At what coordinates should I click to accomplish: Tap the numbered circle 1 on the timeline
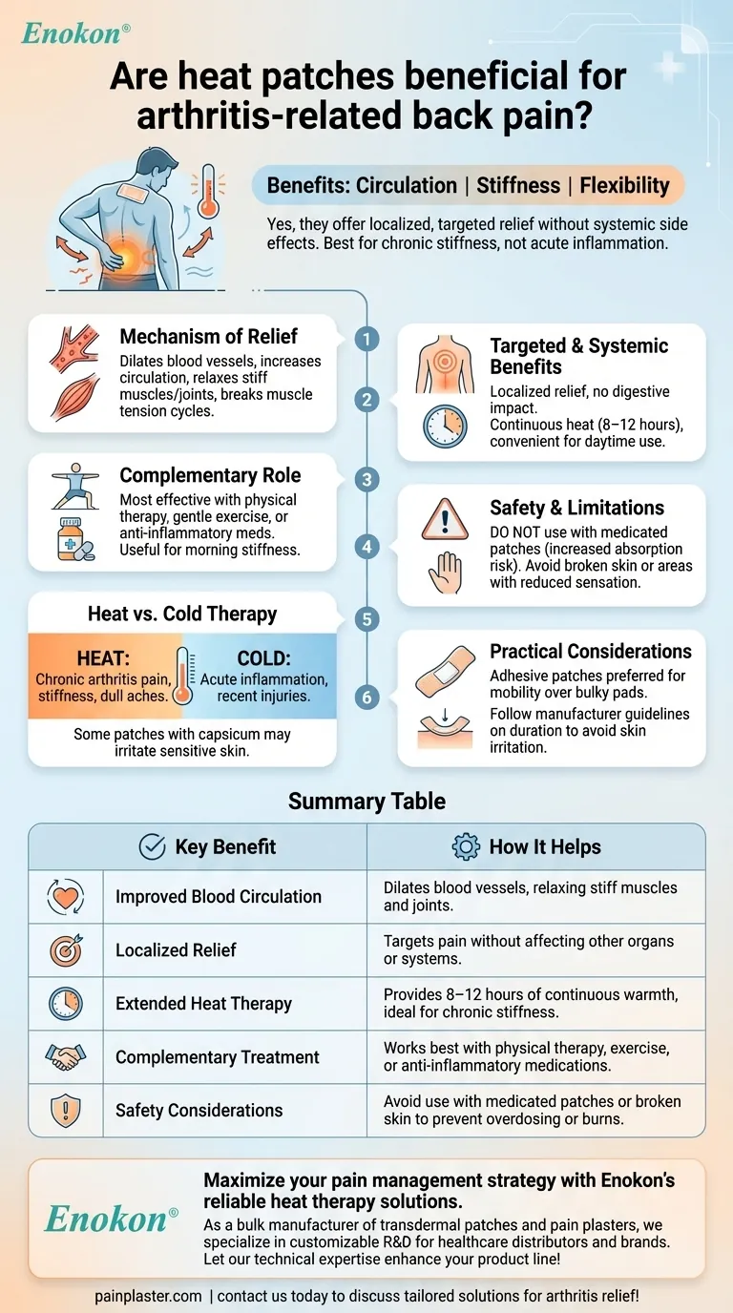(x=367, y=339)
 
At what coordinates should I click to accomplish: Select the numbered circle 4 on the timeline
(x=367, y=547)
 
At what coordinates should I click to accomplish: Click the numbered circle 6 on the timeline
(x=367, y=698)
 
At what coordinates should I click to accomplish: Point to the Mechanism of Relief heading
(x=208, y=336)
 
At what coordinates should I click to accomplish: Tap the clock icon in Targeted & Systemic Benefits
(x=445, y=427)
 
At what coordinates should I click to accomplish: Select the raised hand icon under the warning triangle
(x=445, y=574)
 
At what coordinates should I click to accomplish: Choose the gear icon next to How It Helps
(x=466, y=846)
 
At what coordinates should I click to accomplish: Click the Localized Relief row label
(x=176, y=950)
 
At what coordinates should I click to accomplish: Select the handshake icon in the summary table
(x=66, y=1056)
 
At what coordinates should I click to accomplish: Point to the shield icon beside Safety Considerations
(x=66, y=1110)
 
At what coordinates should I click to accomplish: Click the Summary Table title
(x=366, y=801)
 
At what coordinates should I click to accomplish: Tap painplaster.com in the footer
(x=148, y=1296)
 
